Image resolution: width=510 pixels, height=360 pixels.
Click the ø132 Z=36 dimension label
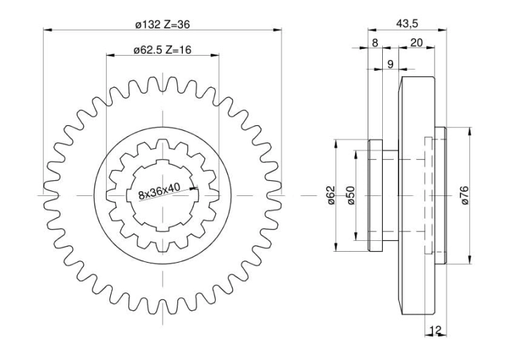coord(163,24)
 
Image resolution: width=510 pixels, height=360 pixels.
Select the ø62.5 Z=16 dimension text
coord(163,50)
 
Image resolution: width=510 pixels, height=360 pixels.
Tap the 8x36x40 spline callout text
coord(159,191)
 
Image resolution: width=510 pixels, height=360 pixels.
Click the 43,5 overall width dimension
coord(407,23)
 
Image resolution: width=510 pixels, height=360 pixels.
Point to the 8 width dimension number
coord(375,43)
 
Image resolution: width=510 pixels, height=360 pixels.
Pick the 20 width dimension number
coord(416,43)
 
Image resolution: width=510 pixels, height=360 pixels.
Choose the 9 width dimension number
coord(390,64)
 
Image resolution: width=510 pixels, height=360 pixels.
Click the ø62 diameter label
coord(330,195)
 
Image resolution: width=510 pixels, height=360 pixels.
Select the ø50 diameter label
coord(351,195)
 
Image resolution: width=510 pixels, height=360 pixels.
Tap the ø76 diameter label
coord(464,195)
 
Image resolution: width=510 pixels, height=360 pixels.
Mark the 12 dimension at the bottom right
coord(435,330)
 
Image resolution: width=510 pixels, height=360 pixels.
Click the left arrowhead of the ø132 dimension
coord(48,30)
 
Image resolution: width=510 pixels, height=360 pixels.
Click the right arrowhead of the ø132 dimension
coord(277,30)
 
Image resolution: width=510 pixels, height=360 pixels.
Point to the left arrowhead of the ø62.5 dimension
coord(111,55)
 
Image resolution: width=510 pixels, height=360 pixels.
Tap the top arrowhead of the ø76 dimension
coord(469,131)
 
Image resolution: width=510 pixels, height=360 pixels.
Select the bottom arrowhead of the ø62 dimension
coord(336,247)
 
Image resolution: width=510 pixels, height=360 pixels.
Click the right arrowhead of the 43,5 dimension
coord(443,30)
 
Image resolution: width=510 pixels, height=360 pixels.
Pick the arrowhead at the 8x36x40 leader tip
coord(194,187)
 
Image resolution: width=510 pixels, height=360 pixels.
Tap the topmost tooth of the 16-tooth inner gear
coord(163,144)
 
